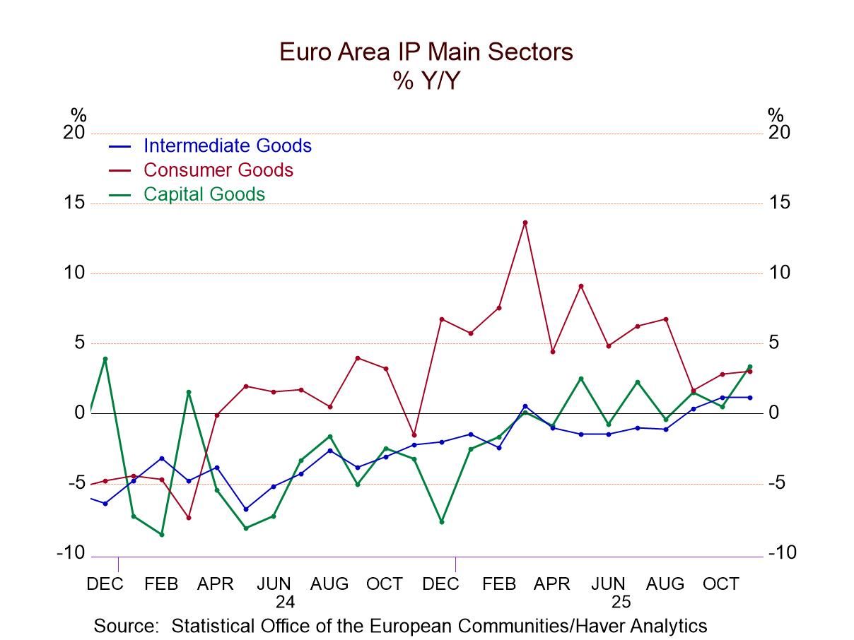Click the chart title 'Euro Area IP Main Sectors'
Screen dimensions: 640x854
point(426,52)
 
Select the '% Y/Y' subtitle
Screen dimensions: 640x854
point(426,81)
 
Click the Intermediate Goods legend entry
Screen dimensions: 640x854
point(227,146)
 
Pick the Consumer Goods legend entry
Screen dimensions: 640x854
point(218,170)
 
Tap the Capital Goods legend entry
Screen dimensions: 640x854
point(204,194)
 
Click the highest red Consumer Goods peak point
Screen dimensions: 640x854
point(525,223)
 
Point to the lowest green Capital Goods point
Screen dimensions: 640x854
point(162,534)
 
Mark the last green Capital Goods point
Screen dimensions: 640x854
point(749,367)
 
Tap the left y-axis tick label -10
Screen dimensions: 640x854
point(71,553)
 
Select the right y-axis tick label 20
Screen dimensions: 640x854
point(779,134)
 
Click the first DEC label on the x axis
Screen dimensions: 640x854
point(105,584)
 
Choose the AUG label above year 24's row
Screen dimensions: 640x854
point(329,584)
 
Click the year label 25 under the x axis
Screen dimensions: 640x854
point(621,603)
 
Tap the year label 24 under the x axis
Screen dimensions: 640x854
point(285,603)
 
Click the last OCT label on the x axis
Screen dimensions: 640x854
point(720,584)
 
